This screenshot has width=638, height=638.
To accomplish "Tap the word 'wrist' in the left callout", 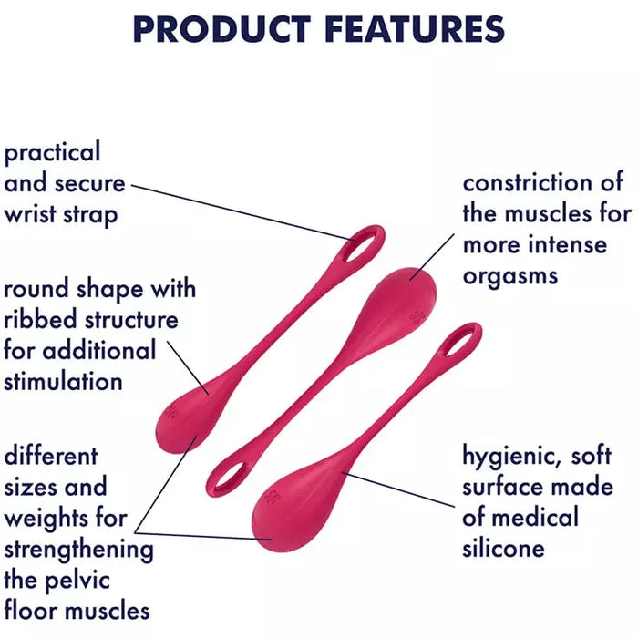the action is click(x=30, y=214).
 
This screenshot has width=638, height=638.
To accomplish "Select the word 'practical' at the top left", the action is click(x=52, y=153).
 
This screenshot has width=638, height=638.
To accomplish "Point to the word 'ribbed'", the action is click(x=41, y=319).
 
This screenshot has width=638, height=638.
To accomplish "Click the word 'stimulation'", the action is click(x=63, y=381).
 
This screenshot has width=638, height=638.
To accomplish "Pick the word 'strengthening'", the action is click(x=79, y=550).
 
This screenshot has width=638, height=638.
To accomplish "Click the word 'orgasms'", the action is click(x=510, y=277).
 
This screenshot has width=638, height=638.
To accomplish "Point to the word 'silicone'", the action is click(x=503, y=548).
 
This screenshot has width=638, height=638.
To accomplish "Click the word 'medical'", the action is click(x=535, y=517).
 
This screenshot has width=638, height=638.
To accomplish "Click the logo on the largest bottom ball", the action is click(x=272, y=496).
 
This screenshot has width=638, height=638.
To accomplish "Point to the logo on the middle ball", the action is click(x=417, y=315).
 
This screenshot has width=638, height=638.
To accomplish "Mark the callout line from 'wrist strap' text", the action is click(x=243, y=212).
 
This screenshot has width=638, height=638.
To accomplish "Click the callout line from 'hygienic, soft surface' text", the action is click(x=398, y=489).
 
